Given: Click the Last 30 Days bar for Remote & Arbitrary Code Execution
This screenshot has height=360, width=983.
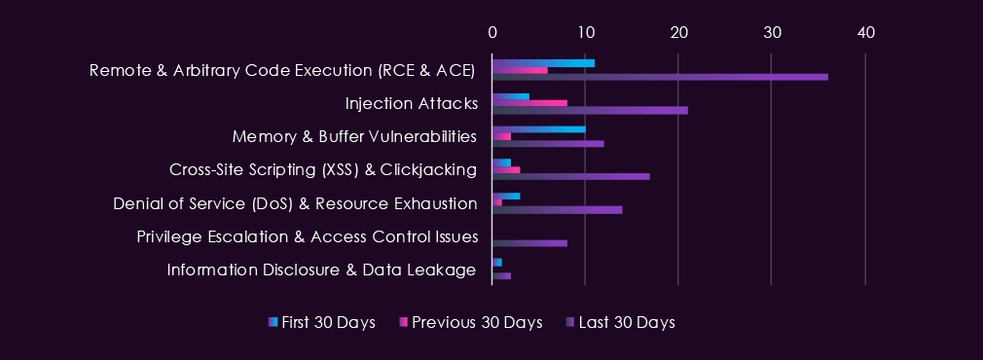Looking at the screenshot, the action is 660,77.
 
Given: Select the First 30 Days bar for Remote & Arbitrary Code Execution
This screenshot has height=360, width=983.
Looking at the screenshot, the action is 543,62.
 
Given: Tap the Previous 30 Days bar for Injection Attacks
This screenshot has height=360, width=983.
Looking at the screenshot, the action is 529,103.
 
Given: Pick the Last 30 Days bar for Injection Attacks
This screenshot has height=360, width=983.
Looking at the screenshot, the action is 590,110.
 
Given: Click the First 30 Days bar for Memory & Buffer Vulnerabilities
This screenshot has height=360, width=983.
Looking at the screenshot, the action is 539,129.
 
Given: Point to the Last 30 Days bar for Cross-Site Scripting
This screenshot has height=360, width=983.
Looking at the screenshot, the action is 571,176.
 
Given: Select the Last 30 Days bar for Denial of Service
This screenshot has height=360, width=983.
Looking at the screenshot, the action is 558,209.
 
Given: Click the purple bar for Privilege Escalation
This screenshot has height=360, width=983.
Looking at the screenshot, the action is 529,242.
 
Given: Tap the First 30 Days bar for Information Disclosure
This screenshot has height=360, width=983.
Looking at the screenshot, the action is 497,262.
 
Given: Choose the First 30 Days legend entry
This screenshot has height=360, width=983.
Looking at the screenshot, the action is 321,322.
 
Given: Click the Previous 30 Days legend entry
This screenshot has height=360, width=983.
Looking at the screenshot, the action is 471,322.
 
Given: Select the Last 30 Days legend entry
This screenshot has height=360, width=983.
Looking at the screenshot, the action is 621,322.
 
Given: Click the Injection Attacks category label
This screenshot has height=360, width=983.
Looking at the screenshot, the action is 412,103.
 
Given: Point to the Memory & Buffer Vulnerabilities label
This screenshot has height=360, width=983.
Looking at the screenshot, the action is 354,137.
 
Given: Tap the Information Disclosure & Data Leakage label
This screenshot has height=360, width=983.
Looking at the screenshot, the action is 321,270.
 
